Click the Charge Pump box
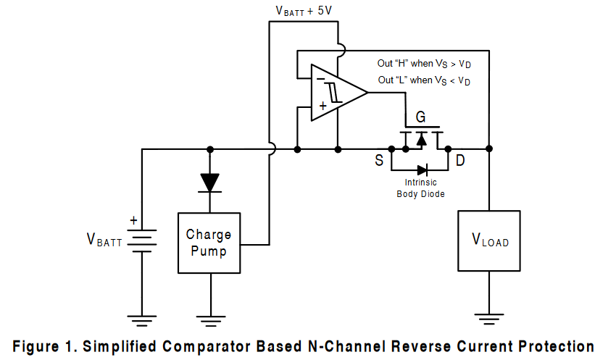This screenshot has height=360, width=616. click(x=209, y=243)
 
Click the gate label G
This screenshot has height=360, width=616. click(x=420, y=117)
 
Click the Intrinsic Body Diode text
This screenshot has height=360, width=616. click(x=420, y=188)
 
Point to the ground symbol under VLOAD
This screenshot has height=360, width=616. click(x=489, y=317)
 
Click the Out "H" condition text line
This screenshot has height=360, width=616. click(x=424, y=64)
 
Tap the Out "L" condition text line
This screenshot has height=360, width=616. click(x=424, y=80)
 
